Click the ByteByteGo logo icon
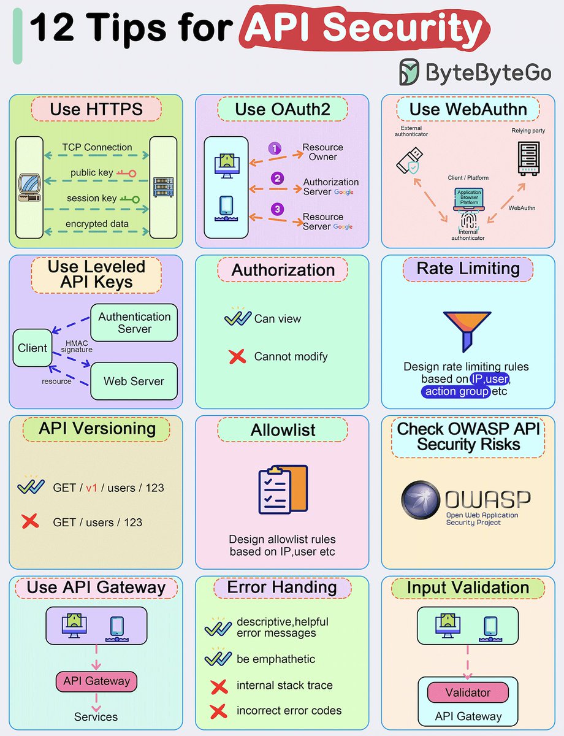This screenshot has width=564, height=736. pyautogui.click(x=410, y=72)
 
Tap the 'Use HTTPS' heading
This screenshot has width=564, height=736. pyautogui.click(x=96, y=110)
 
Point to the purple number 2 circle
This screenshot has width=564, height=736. pyautogui.click(x=278, y=178)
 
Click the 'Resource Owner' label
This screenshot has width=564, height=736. pyautogui.click(x=323, y=152)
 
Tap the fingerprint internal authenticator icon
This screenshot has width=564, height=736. pyautogui.click(x=468, y=220)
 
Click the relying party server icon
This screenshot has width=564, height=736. pyautogui.click(x=528, y=156)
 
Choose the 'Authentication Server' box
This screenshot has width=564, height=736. pyautogui.click(x=134, y=323)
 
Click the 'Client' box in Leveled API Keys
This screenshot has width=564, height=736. pyautogui.click(x=32, y=348)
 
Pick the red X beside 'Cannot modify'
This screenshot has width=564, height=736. pyautogui.click(x=237, y=356)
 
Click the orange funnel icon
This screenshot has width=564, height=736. pyautogui.click(x=468, y=328)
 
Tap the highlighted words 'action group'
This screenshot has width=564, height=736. pyautogui.click(x=456, y=391)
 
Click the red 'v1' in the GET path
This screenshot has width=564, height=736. pyautogui.click(x=91, y=488)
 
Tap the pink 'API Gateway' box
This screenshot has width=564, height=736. pyautogui.click(x=97, y=681)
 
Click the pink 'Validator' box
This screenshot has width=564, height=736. pyautogui.click(x=468, y=692)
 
